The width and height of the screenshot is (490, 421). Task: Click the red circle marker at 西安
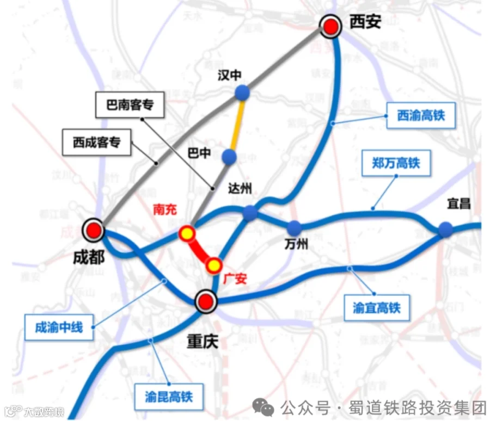click(330, 26)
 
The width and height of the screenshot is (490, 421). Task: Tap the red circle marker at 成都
click(93, 231)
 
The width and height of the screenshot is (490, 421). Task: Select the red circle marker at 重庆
click(206, 301)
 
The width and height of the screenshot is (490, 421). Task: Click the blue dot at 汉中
click(242, 93)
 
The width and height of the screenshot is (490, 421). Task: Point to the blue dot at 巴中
click(230, 157)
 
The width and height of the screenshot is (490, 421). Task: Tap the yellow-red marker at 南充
click(187, 233)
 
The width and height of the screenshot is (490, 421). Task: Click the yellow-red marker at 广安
click(214, 265)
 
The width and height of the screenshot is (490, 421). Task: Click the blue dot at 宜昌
click(446, 229)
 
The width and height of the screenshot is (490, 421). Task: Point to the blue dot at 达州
click(250, 213)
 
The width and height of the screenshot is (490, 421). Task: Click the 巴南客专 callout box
click(129, 105)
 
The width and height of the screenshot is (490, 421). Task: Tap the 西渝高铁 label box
click(420, 115)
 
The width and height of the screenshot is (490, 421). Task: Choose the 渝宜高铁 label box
click(376, 308)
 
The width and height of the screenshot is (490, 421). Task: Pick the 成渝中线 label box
click(58, 327)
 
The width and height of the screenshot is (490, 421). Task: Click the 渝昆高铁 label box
click(168, 397)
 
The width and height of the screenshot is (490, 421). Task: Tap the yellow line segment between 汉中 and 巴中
click(237, 125)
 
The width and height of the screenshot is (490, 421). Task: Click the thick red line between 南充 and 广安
click(200, 249)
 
